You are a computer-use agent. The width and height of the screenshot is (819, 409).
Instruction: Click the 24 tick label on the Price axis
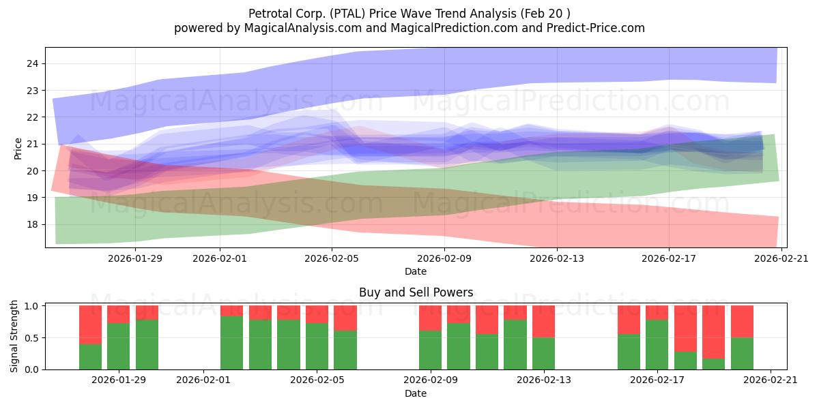(x=32, y=63)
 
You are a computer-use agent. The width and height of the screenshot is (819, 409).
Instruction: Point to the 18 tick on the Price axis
(x=44, y=224)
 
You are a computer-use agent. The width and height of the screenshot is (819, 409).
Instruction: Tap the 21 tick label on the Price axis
(x=32, y=144)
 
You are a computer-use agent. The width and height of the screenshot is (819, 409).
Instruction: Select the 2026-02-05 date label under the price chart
(x=332, y=258)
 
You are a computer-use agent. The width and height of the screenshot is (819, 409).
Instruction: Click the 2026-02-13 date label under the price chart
(x=557, y=258)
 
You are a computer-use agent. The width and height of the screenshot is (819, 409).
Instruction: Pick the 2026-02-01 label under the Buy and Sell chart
(x=203, y=380)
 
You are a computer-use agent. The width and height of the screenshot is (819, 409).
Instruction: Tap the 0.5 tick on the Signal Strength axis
(x=44, y=337)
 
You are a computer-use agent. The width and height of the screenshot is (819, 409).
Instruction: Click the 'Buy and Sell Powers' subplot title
(x=416, y=292)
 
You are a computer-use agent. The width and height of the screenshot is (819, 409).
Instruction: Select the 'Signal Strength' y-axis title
(x=14, y=336)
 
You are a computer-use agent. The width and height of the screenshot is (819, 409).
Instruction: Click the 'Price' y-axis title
(x=18, y=149)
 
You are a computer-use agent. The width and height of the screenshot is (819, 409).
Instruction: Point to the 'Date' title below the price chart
(x=416, y=271)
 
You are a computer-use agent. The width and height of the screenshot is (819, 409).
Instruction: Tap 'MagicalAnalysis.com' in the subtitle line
(x=303, y=28)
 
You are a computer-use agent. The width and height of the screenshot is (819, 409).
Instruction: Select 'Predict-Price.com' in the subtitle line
(x=596, y=28)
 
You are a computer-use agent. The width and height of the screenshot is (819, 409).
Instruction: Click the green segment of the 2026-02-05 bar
(x=317, y=346)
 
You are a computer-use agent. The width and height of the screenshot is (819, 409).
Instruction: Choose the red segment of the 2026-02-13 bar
(x=543, y=321)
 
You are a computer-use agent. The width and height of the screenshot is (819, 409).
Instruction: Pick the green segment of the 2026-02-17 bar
(x=657, y=345)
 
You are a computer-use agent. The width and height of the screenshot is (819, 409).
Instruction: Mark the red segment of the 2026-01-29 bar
(x=119, y=314)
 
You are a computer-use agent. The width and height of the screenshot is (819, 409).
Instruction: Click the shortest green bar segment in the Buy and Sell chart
(x=713, y=364)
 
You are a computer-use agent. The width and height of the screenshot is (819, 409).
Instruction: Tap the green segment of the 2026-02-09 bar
(x=431, y=350)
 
